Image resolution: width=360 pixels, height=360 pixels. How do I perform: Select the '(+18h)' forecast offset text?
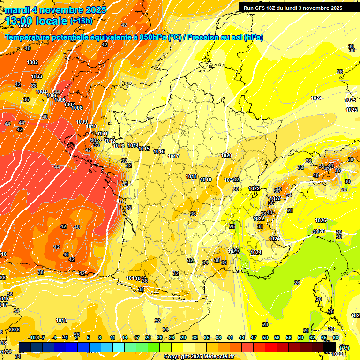click(x=82, y=21)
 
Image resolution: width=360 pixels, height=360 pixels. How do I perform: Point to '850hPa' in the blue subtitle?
click(x=153, y=37)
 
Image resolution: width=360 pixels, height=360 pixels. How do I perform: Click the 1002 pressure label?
click(x=32, y=62)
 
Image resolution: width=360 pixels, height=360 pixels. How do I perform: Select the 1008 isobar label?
click(x=77, y=108)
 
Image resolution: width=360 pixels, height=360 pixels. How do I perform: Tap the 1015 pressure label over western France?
click(x=144, y=149)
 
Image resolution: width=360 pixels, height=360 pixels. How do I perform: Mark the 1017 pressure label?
click(x=173, y=156)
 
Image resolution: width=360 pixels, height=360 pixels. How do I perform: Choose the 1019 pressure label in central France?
click(x=206, y=180)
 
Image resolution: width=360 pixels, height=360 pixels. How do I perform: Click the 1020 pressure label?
click(x=226, y=155)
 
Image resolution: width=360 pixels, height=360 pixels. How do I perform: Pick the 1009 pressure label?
click(x=82, y=122)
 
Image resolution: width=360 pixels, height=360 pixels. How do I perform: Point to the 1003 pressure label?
click(x=37, y=76)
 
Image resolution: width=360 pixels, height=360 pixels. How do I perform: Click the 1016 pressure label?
click(x=159, y=151)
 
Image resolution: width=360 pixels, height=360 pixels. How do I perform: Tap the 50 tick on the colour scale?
click(x=265, y=337)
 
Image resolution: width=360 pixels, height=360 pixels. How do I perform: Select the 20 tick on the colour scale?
click(x=148, y=337)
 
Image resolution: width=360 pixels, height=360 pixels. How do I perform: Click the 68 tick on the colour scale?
click(x=336, y=337)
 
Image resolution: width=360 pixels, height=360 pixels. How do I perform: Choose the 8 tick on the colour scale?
click(x=100, y=337)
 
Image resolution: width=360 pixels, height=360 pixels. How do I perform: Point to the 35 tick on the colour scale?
click(x=207, y=337)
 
